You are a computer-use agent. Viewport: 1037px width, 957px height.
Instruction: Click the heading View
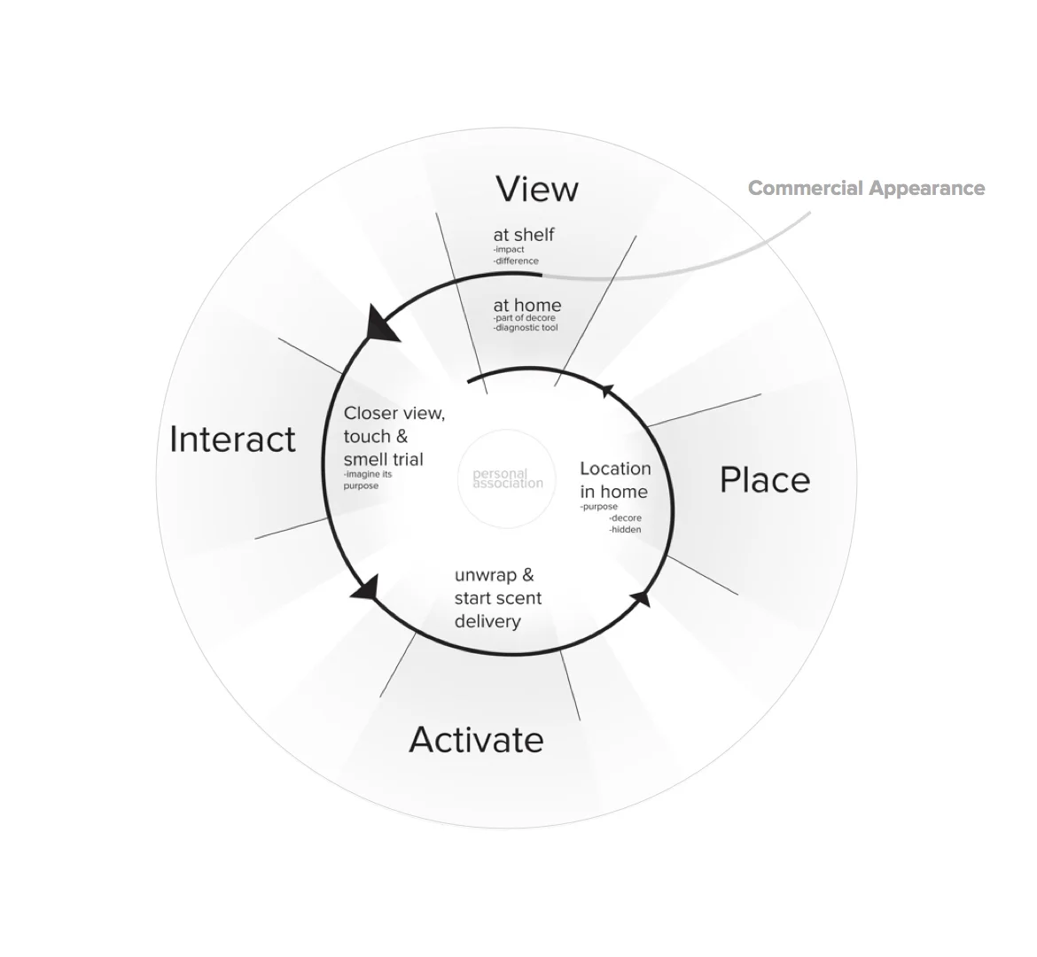tap(536, 189)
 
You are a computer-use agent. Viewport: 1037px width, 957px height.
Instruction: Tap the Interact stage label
tap(232, 440)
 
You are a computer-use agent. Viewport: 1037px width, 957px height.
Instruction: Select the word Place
tap(764, 480)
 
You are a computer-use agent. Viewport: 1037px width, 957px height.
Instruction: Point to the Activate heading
tap(476, 740)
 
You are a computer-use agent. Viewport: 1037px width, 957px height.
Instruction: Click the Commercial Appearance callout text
tap(866, 188)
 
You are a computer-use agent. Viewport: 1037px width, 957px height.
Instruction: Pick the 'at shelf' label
tap(524, 235)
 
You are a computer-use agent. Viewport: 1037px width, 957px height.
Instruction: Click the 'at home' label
tap(527, 306)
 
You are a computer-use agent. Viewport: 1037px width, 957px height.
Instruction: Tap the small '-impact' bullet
tap(509, 250)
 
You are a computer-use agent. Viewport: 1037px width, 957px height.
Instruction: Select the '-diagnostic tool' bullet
tap(526, 328)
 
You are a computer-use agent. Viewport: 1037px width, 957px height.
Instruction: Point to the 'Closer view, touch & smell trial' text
tap(394, 436)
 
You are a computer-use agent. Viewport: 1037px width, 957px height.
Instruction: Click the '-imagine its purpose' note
tap(368, 479)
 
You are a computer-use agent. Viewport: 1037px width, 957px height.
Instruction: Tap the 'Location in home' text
tap(615, 479)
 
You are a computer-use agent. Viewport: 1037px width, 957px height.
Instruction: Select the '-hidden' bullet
tap(625, 529)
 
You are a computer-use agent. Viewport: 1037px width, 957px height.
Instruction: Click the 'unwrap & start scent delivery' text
tap(497, 598)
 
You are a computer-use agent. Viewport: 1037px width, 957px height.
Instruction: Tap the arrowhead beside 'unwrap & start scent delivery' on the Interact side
tap(366, 587)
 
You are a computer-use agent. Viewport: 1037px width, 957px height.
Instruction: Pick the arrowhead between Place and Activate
tap(641, 598)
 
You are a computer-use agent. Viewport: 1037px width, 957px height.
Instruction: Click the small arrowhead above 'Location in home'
tap(607, 390)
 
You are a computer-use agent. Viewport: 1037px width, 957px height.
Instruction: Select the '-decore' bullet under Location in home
tap(626, 517)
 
